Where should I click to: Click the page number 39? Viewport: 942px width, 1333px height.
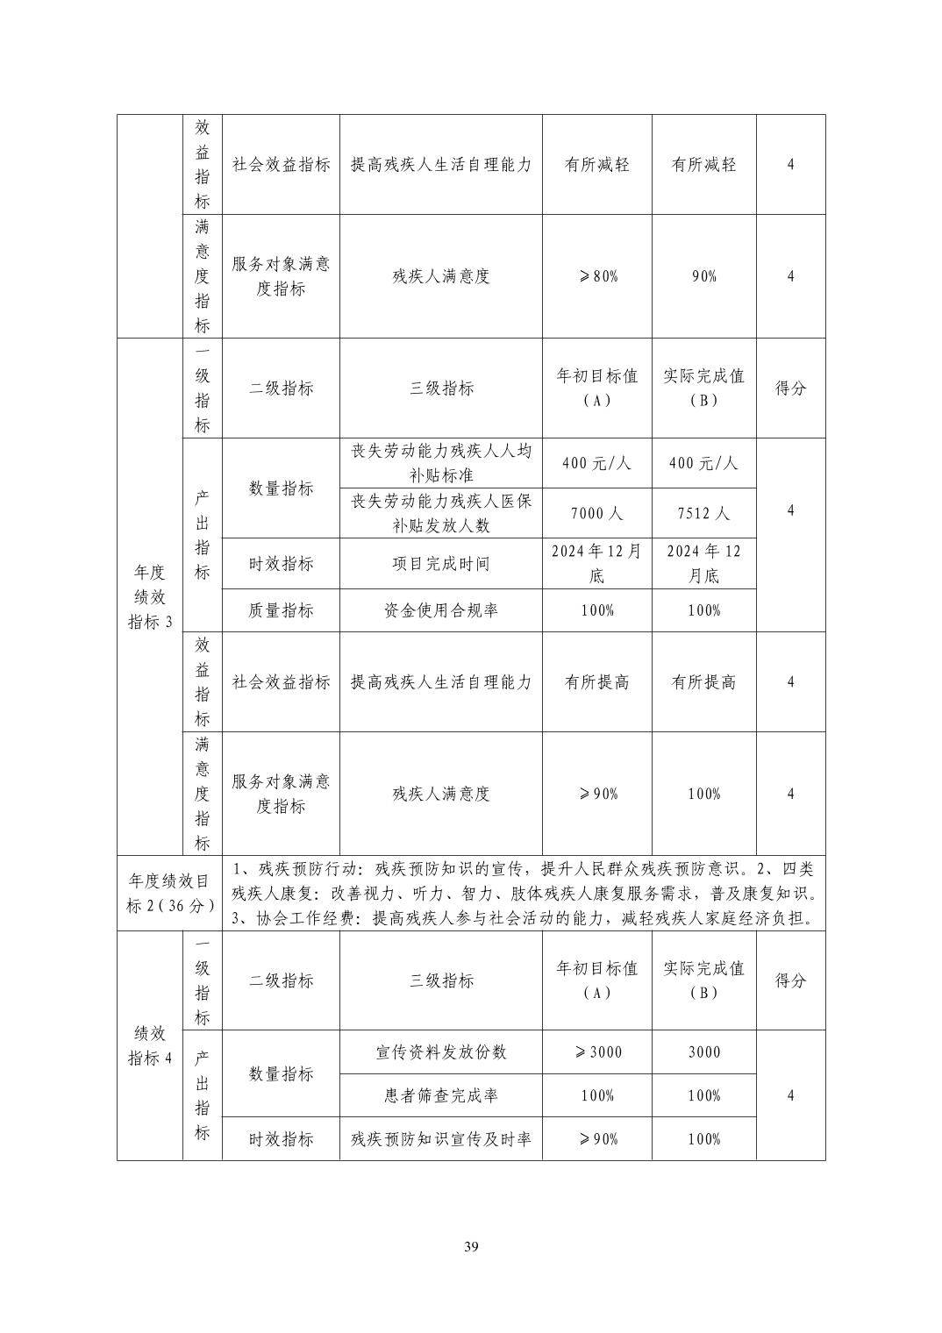[471, 1247]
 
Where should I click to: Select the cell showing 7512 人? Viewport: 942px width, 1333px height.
[703, 513]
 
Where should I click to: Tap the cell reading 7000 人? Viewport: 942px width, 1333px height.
[596, 513]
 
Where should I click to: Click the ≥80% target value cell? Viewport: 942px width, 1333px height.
[596, 276]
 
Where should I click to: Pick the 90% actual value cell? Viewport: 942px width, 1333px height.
[703, 276]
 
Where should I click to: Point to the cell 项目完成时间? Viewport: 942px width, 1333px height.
[440, 564]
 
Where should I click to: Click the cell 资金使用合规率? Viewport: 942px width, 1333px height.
[440, 610]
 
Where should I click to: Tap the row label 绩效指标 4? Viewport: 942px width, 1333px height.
[150, 1045]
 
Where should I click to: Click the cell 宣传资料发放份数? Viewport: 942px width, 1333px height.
[440, 1051]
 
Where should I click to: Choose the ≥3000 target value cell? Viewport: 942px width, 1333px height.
[596, 1051]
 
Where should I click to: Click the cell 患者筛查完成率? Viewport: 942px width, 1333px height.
[440, 1095]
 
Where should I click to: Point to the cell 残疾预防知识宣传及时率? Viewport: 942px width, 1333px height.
[440, 1139]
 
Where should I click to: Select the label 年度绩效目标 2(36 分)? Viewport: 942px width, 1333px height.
[169, 893]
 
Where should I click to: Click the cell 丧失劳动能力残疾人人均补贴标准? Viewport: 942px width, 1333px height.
[440, 463]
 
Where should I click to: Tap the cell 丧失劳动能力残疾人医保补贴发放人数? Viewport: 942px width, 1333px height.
[440, 513]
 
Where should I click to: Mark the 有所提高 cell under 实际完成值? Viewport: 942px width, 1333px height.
[703, 682]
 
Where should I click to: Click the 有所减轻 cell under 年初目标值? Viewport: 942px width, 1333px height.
[596, 164]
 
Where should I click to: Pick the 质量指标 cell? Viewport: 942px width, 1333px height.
[281, 610]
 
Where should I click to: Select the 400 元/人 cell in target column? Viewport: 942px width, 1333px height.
[596, 463]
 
